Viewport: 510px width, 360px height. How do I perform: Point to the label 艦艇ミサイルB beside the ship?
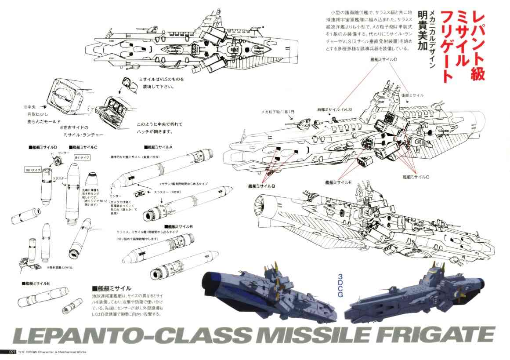click(262, 186)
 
